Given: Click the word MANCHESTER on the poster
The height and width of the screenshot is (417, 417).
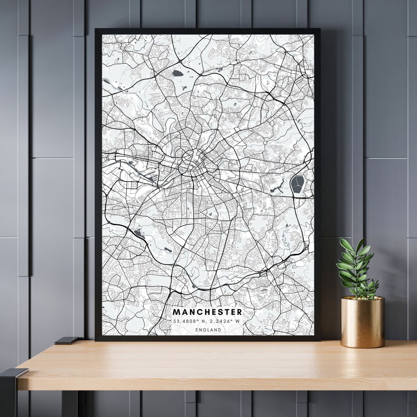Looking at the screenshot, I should [x=207, y=312].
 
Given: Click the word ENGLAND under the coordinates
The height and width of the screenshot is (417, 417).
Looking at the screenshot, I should [x=208, y=330].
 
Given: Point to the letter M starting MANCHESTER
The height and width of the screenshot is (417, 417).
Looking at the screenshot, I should [x=176, y=312].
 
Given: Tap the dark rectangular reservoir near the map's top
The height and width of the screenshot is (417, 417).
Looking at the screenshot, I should [x=178, y=73].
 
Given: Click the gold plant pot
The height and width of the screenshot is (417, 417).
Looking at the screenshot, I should [x=363, y=322].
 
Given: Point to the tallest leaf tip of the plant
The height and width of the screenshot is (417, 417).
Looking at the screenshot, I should [x=361, y=240].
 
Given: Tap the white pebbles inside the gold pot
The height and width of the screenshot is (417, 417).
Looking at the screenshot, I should [x=362, y=298].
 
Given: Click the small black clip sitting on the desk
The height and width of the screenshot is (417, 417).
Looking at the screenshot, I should [x=66, y=341].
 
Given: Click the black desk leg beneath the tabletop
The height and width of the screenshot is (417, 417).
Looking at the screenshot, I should [x=69, y=403].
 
